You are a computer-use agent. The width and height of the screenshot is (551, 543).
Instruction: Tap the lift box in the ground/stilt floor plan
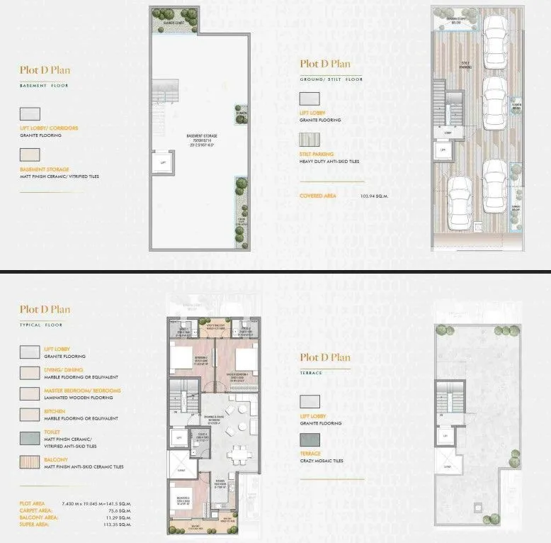pos(443,150)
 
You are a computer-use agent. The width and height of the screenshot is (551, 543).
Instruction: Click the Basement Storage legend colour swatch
pos(30,155)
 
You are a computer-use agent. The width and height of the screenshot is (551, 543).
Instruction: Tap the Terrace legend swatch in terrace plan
pos(309,440)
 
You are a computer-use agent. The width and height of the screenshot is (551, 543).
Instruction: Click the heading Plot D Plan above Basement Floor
pos(45,70)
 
